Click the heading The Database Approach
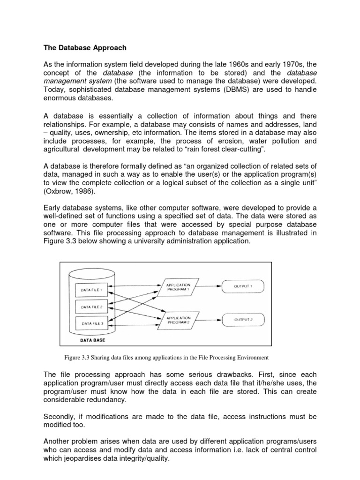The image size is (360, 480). click(85, 48)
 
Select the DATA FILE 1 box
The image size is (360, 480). click(91, 290)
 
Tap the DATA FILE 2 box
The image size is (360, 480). click(91, 307)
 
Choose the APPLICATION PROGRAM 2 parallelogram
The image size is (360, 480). click(178, 320)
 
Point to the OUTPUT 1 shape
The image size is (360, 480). click(243, 285)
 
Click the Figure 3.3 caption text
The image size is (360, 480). click(166, 358)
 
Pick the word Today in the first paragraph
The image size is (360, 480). click(55, 90)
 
